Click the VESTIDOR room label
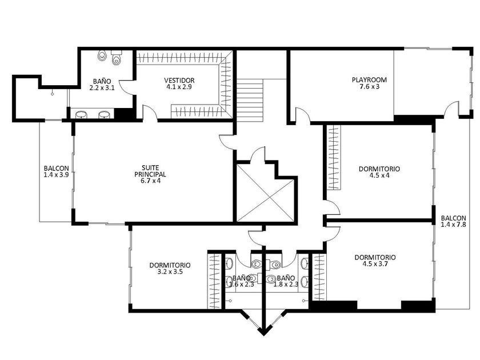click(179, 81)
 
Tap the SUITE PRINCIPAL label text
click(150, 171)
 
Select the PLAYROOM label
click(369, 80)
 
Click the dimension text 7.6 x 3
click(370, 87)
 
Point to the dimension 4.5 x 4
click(379, 176)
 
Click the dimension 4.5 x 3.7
click(375, 264)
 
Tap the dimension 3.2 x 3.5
click(170, 271)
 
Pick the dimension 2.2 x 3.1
click(102, 88)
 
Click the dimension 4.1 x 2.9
click(179, 87)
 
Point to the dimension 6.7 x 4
click(150, 181)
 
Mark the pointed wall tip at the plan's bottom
click(263, 335)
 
